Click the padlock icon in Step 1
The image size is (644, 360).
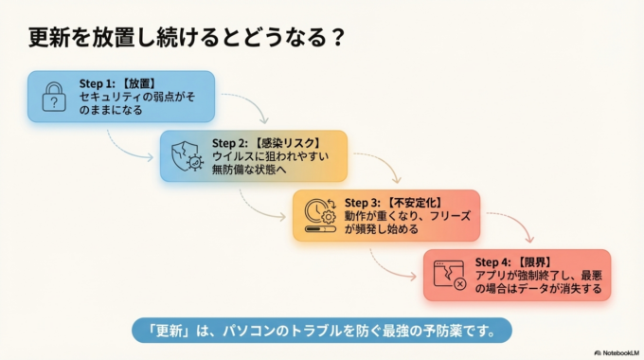[54, 97]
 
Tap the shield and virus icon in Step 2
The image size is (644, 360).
[186, 155]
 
